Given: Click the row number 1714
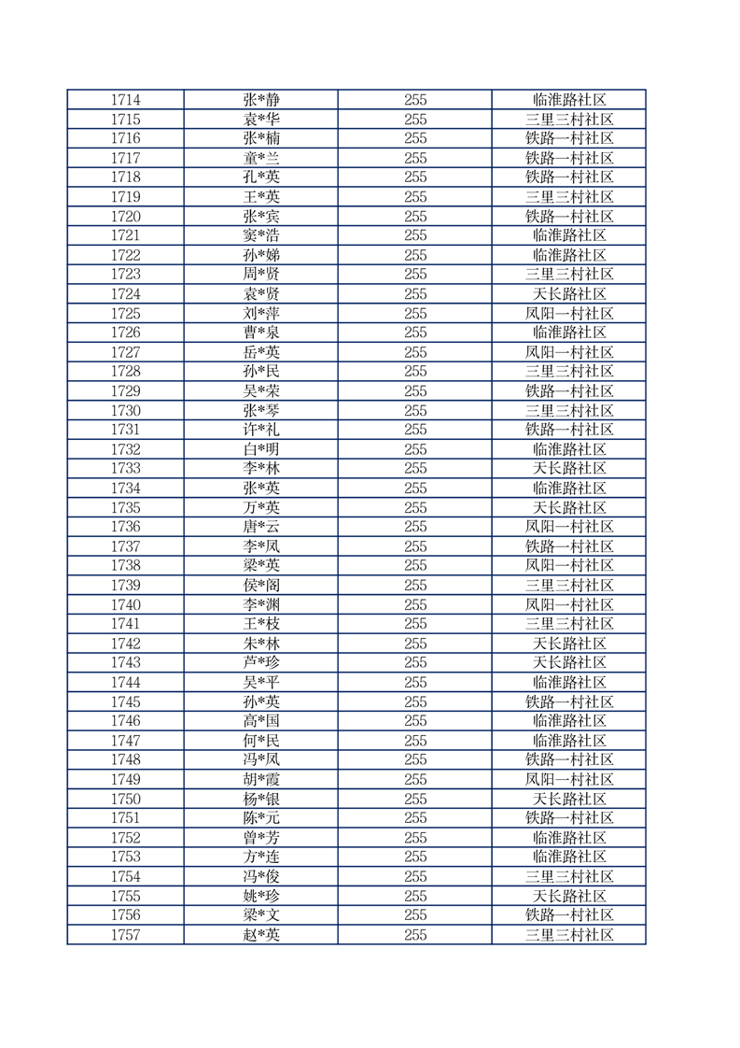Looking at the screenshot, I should tap(125, 100).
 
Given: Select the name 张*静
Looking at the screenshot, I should tap(261, 100).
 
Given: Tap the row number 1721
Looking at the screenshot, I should tap(125, 235).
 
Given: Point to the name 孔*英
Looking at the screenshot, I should tap(261, 177).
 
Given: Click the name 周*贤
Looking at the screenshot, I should tap(261, 275).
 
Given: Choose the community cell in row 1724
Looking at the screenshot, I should tap(569, 294).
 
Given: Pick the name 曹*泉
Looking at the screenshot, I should tap(261, 333).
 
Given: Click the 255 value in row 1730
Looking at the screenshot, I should tap(415, 411).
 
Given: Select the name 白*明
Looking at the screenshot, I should tap(261, 449).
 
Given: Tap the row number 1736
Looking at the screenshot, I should tap(125, 527).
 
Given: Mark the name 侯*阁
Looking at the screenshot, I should tap(261, 586).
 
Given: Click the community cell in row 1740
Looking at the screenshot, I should tap(569, 605).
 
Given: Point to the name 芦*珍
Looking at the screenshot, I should tap(261, 663).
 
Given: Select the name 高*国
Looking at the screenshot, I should tap(261, 721).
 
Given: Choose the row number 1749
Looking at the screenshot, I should tap(125, 780).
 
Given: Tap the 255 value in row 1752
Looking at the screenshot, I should tap(415, 838).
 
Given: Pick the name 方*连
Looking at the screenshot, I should tap(261, 857).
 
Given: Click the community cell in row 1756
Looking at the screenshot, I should tap(569, 915).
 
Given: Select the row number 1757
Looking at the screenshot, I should tap(125, 935).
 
